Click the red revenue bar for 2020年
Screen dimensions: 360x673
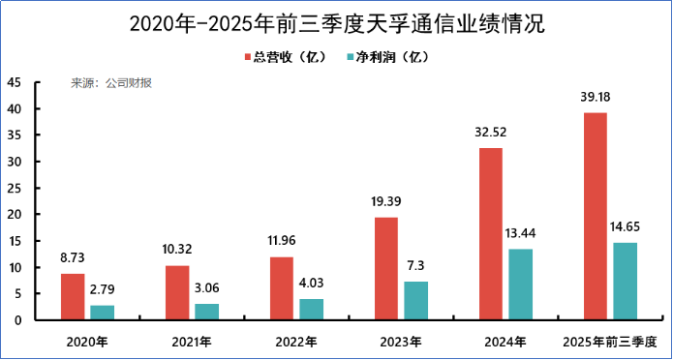pyautogui.click(x=73, y=296)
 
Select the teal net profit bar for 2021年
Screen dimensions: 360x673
pyautogui.click(x=206, y=311)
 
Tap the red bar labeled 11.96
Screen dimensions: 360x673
pyautogui.click(x=282, y=287)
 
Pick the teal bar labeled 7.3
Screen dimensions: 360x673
pyautogui.click(x=415, y=300)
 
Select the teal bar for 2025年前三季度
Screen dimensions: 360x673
pyautogui.click(x=625, y=281)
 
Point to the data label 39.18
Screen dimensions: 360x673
pyautogui.click(x=596, y=98)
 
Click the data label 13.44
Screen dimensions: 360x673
pyautogui.click(x=519, y=234)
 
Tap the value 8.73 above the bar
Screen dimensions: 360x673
pyautogui.click(x=73, y=259)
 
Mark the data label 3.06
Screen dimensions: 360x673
pyautogui.click(x=206, y=288)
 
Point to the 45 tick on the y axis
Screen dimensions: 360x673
pyautogui.click(x=15, y=82)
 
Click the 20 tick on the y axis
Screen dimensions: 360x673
pyautogui.click(x=15, y=214)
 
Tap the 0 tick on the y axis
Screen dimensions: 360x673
pyautogui.click(x=18, y=319)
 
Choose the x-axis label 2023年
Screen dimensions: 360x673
pyautogui.click(x=401, y=341)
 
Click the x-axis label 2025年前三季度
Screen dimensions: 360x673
pyautogui.click(x=610, y=341)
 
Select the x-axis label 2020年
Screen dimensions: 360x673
pyautogui.click(x=87, y=341)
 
